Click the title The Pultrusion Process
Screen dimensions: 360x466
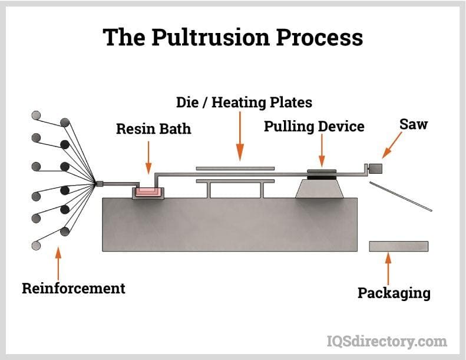[x=233, y=37]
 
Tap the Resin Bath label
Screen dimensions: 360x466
[x=153, y=128]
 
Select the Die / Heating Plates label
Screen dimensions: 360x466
[x=244, y=102]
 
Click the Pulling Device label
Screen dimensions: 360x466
[x=314, y=126]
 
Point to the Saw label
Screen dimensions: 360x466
[x=413, y=124]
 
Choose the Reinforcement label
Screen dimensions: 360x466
[x=74, y=288]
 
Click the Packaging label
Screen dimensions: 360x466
[x=394, y=293]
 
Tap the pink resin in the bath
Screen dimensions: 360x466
[x=148, y=191]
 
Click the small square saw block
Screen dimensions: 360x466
[x=375, y=169]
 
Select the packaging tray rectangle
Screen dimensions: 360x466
[x=398, y=246]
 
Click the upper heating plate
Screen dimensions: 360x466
[x=235, y=168]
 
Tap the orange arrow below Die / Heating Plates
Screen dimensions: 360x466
[x=239, y=136]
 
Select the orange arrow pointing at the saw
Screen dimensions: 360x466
[x=392, y=144]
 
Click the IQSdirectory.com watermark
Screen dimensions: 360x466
[x=386, y=341]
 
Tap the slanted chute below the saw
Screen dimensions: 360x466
[x=401, y=196]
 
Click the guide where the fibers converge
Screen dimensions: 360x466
[x=99, y=184]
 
